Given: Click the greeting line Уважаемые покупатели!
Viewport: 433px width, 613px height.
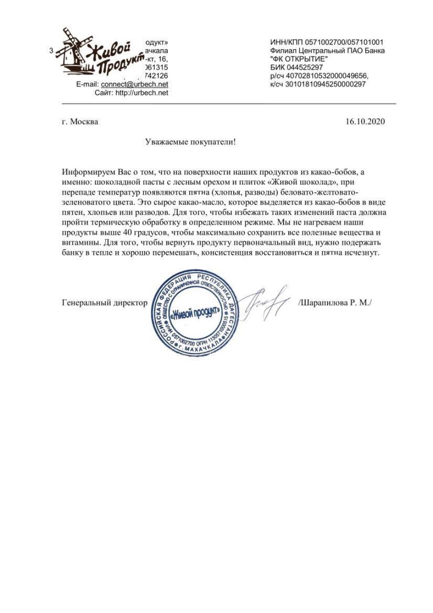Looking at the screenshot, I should point(190,142).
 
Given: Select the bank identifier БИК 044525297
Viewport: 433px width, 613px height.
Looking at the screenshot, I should point(296,67).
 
